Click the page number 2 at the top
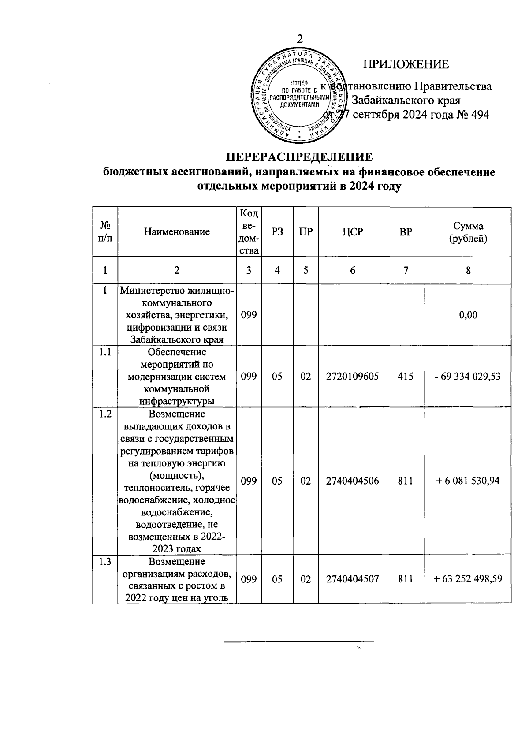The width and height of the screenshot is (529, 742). [x=300, y=39]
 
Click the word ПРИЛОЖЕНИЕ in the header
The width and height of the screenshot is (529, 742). [x=406, y=64]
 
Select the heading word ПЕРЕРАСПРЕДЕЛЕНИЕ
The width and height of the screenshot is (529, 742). [x=299, y=157]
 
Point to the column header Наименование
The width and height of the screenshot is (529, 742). [x=177, y=232]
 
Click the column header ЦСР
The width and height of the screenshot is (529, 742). [x=352, y=232]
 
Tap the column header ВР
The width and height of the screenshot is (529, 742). [x=406, y=232]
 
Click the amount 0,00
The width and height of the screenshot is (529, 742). [x=468, y=315]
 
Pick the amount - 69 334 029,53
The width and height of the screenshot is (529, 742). [x=468, y=377]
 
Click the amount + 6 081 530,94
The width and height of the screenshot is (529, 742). [x=468, y=481]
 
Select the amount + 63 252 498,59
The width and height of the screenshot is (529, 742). [x=468, y=579]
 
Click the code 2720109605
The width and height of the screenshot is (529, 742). [x=352, y=377]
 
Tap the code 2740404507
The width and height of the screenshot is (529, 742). [x=352, y=579]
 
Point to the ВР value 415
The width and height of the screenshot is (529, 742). [x=406, y=377]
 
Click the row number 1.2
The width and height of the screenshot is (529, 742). [x=105, y=414]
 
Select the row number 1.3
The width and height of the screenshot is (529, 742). [x=105, y=562]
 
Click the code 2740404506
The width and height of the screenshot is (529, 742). [x=352, y=481]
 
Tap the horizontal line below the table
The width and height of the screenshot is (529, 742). [x=299, y=641]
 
